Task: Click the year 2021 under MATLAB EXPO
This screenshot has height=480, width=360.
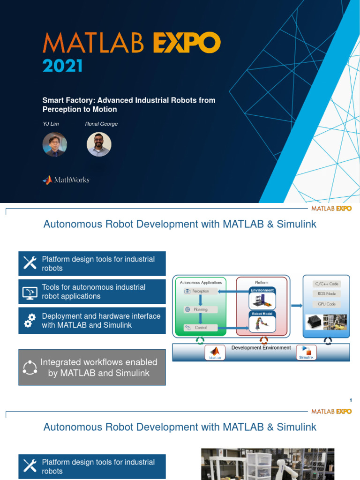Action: point(62,65)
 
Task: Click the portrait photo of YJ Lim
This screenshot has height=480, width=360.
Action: point(55,144)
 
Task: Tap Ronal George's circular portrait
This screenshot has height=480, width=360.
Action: point(99,144)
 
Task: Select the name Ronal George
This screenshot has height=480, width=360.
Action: point(101,124)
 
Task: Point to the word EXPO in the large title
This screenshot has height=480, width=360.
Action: point(186,44)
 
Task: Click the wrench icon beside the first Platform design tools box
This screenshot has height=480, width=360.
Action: point(30,263)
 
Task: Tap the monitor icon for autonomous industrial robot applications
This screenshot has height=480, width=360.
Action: point(30,292)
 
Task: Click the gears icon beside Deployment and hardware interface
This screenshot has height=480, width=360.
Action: point(30,321)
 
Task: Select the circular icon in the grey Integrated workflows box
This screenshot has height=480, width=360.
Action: point(30,367)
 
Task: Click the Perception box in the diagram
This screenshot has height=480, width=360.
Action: point(201,291)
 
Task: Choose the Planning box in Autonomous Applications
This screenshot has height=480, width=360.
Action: point(201,309)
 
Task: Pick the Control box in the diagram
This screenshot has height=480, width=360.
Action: point(201,328)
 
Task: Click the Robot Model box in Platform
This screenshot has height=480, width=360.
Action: point(262,322)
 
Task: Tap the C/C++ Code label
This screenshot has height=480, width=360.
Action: point(326,284)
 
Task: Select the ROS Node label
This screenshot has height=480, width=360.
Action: point(326,293)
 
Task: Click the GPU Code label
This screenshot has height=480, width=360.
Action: point(326,304)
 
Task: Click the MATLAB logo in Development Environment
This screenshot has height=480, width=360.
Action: point(215,352)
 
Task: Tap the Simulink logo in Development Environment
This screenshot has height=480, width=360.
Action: point(306,352)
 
